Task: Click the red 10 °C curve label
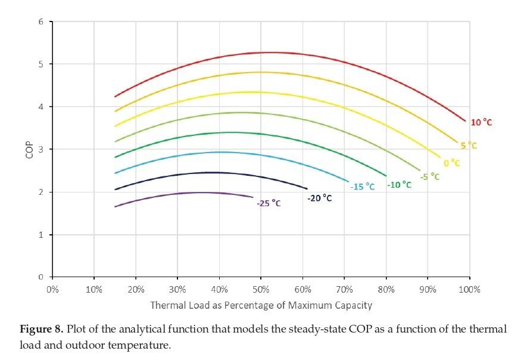[482, 122]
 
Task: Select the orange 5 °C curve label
[469, 145]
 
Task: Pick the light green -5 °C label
[429, 176]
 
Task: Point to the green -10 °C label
[399, 185]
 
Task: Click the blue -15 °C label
[363, 187]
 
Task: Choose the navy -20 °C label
[320, 198]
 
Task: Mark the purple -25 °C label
[269, 203]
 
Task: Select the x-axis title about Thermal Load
[261, 305]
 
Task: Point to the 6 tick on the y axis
[42, 22]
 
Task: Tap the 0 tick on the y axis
[42, 277]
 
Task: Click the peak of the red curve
[270, 52]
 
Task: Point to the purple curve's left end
[116, 207]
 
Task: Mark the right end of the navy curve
[307, 188]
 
